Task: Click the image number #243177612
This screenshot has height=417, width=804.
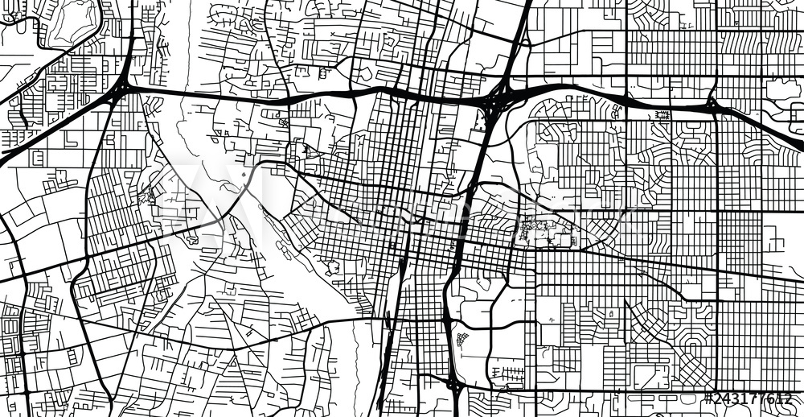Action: (x=748, y=398)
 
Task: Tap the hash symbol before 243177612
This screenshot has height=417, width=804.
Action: (x=709, y=398)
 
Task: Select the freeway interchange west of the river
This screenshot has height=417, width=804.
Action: (x=121, y=89)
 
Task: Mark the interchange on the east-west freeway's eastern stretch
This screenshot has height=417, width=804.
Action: (x=712, y=105)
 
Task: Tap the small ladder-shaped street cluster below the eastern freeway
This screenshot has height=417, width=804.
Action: (x=662, y=115)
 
